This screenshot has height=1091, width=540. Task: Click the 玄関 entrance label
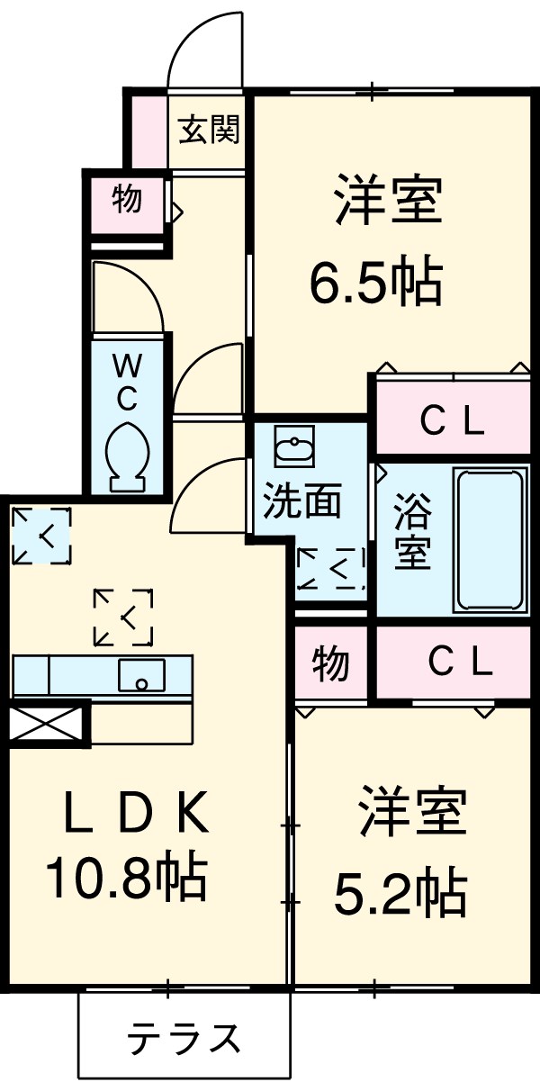(x=209, y=131)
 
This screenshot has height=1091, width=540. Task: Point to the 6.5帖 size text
(x=375, y=284)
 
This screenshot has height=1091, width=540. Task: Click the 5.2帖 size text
(x=400, y=893)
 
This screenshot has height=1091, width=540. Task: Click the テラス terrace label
(x=184, y=1040)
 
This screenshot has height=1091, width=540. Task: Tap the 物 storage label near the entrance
(x=127, y=199)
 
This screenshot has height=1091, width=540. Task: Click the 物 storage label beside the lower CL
(x=330, y=665)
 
